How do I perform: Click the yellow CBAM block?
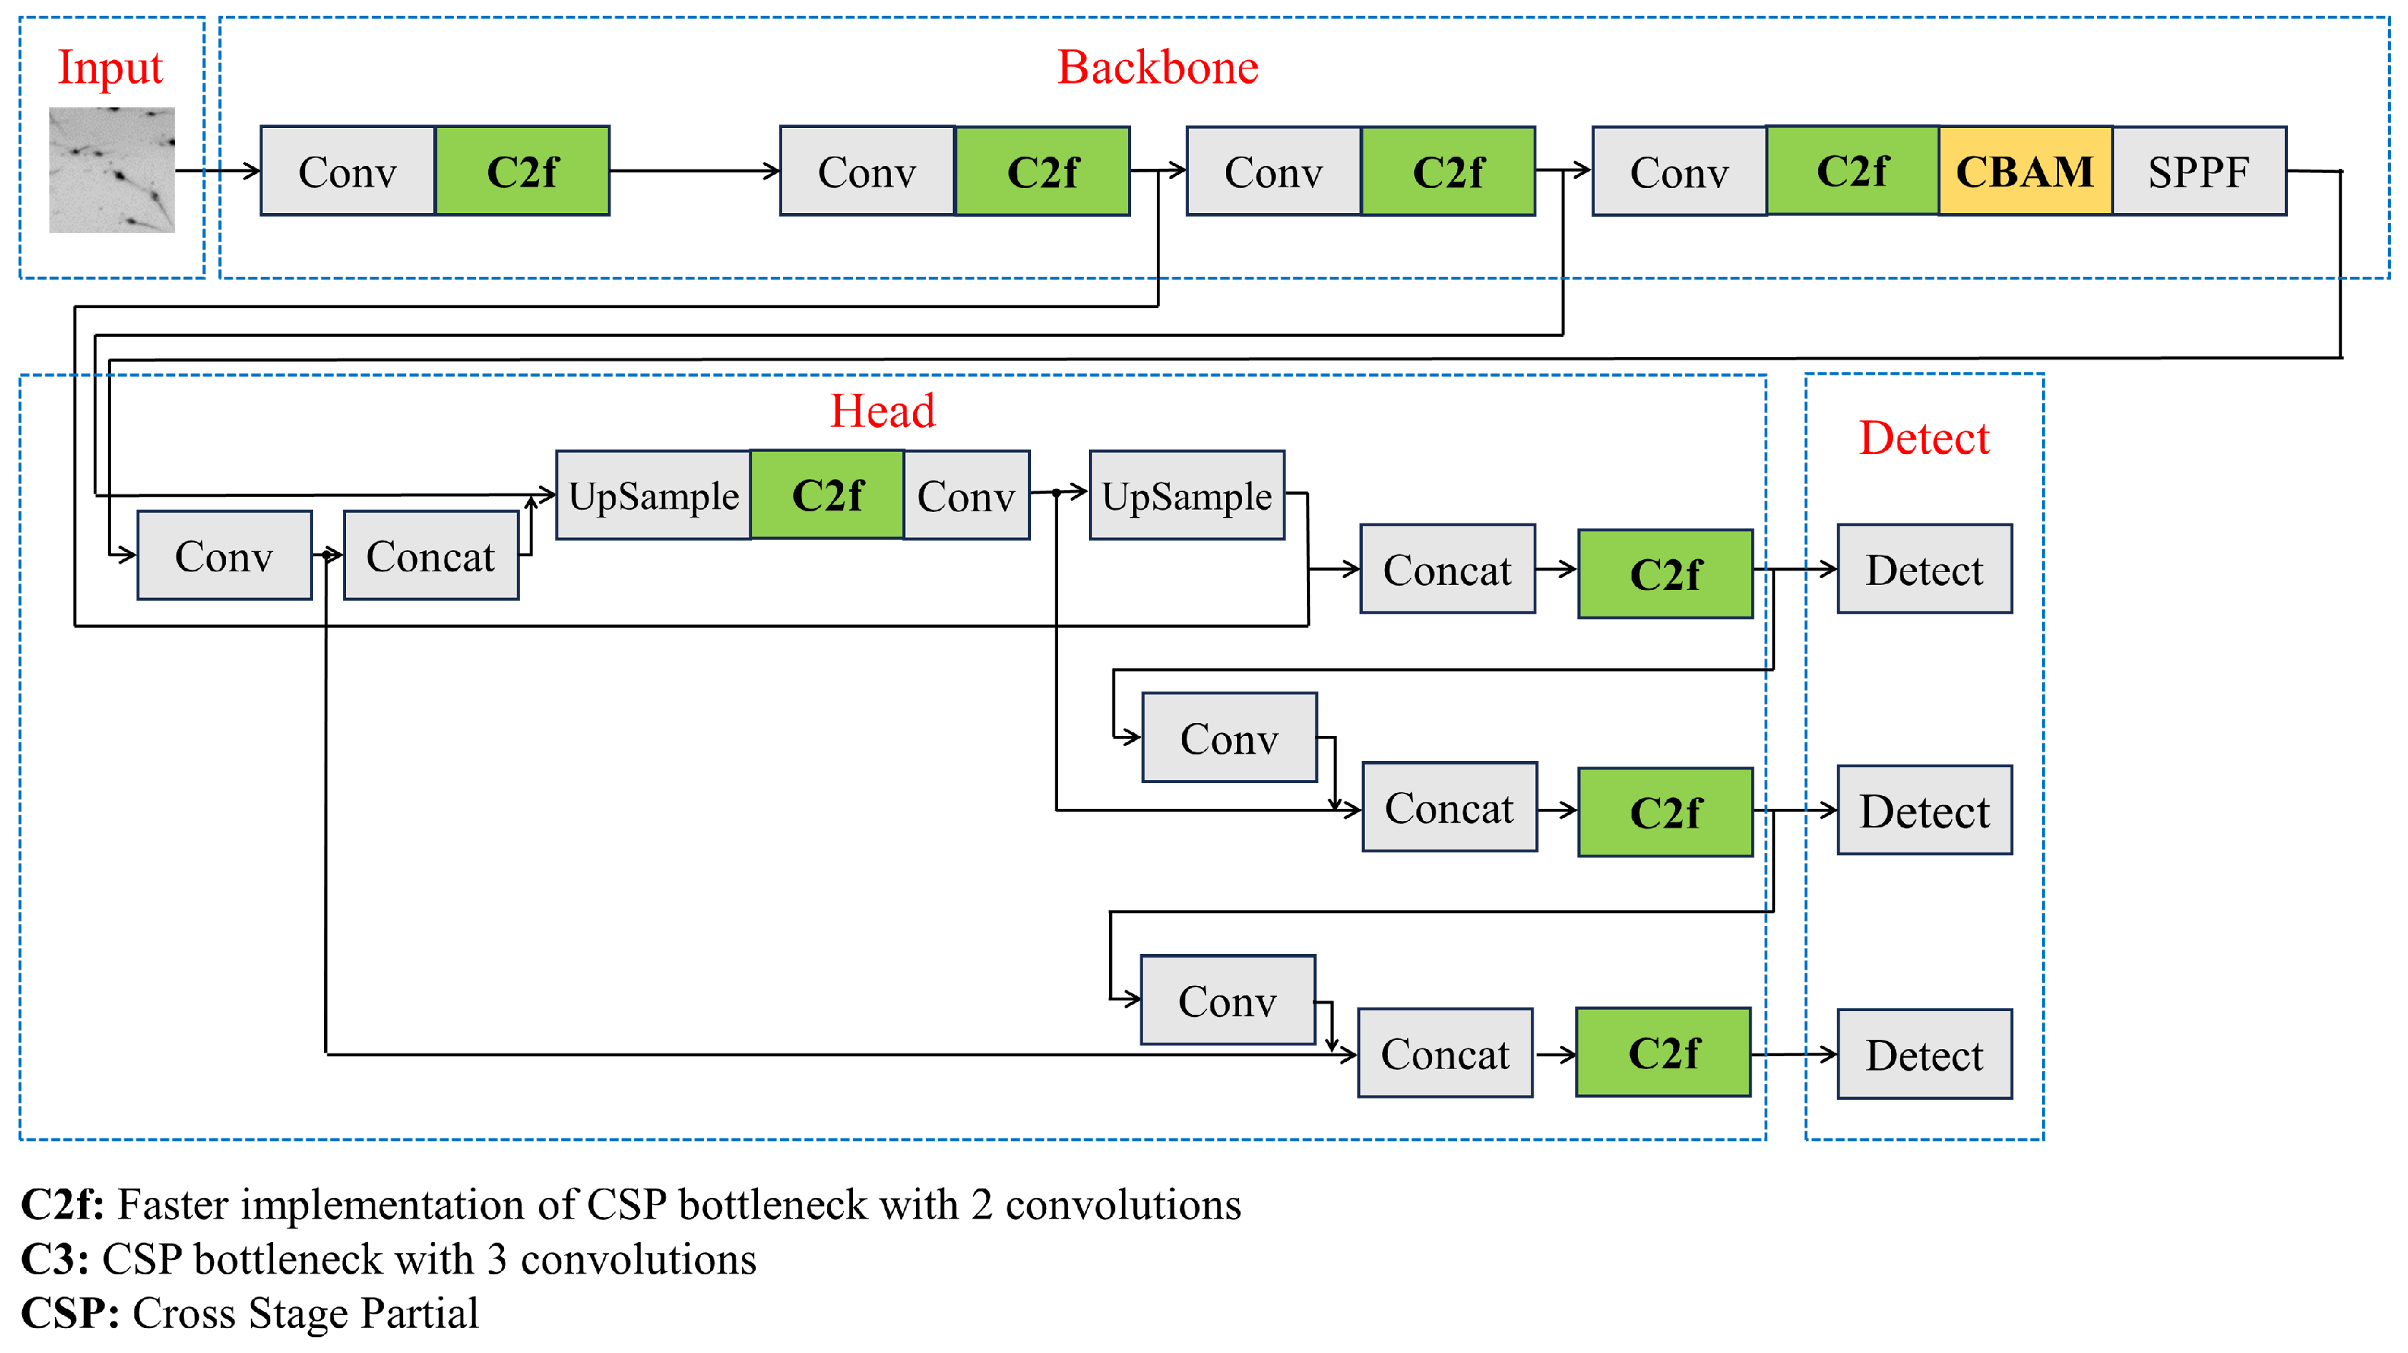point(2025,171)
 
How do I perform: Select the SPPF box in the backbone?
point(2199,171)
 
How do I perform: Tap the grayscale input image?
point(112,169)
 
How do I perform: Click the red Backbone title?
point(1158,67)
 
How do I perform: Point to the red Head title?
point(882,410)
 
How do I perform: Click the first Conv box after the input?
point(347,171)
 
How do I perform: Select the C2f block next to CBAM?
point(1852,171)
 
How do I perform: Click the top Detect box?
point(1924,569)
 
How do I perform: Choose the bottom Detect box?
point(1924,1054)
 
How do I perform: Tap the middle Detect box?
point(1924,810)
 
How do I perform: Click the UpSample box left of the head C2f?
point(653,495)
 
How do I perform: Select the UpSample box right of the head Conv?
point(1186,495)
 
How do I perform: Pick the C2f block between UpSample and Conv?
point(827,495)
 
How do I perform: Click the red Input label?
point(110,67)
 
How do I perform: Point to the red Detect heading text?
point(1924,438)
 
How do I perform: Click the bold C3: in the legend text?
point(55,1259)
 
